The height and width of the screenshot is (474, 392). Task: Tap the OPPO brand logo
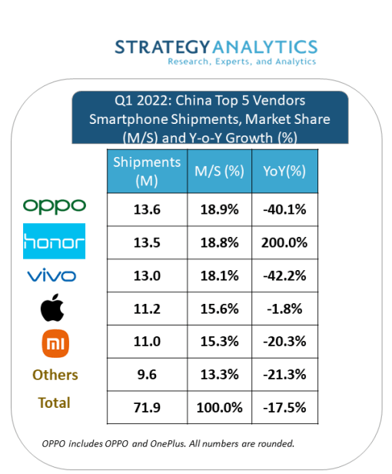(x=55, y=206)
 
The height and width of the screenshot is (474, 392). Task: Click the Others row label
(x=55, y=375)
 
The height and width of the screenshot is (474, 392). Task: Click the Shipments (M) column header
(x=146, y=172)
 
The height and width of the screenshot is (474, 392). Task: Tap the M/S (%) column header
(x=218, y=172)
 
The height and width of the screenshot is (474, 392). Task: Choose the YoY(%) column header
(x=284, y=172)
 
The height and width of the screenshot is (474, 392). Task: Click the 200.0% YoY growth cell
(x=284, y=242)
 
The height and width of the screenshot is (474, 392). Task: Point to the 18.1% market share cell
(x=218, y=275)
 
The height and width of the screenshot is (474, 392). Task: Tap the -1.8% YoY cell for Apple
(x=284, y=309)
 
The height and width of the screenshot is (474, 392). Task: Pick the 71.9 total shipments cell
(x=146, y=406)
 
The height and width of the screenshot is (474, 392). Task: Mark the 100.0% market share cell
(x=218, y=406)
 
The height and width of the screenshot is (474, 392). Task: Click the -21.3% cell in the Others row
(x=284, y=374)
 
